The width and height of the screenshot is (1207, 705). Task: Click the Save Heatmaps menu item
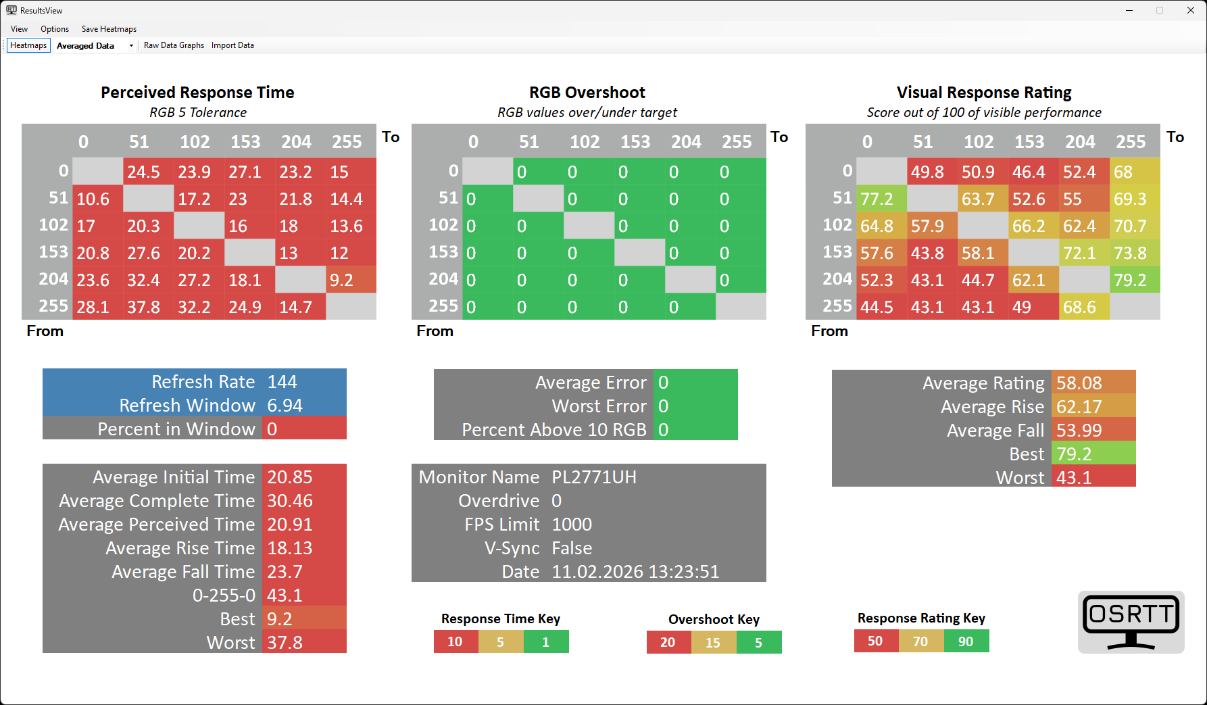(109, 29)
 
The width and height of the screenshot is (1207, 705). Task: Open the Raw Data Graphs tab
(174, 45)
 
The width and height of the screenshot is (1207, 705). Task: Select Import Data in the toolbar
(232, 45)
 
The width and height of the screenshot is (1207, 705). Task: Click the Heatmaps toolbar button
(28, 45)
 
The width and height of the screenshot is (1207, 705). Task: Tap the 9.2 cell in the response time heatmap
(351, 280)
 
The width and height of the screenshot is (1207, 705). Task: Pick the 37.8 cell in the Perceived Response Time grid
(148, 307)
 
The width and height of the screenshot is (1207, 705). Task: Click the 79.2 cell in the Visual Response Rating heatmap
(1135, 280)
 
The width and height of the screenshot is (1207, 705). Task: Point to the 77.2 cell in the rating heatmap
(881, 199)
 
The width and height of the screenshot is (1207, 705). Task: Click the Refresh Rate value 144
(282, 382)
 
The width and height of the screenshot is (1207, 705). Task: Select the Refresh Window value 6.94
(285, 406)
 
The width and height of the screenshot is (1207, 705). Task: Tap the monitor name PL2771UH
(594, 477)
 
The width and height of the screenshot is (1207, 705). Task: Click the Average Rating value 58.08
(1079, 383)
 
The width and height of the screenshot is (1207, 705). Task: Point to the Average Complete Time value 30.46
(290, 501)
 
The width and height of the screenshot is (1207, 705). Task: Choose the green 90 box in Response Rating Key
(966, 641)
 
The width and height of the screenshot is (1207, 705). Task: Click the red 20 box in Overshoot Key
(668, 642)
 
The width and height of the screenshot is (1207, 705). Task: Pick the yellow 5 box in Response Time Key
(500, 641)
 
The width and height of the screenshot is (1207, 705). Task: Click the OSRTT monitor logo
(1131, 622)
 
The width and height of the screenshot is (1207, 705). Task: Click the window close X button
(1190, 10)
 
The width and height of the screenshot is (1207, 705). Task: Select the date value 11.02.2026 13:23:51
(635, 572)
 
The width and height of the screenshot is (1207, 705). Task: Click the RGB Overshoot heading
(587, 93)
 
